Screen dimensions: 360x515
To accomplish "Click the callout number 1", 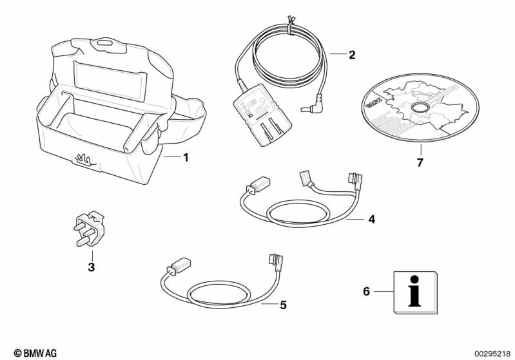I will (x=186, y=157).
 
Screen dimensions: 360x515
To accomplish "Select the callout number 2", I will (x=352, y=55).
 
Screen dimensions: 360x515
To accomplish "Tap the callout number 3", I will (x=91, y=267).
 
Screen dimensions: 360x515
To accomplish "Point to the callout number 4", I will (x=371, y=220).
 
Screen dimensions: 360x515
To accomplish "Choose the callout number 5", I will (x=282, y=305).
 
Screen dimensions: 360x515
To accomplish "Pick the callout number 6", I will (x=366, y=292).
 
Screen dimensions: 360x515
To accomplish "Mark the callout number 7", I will (x=420, y=162).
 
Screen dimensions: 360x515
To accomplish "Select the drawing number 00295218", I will (x=491, y=353).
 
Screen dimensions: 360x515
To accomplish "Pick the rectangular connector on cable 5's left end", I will (x=179, y=265).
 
